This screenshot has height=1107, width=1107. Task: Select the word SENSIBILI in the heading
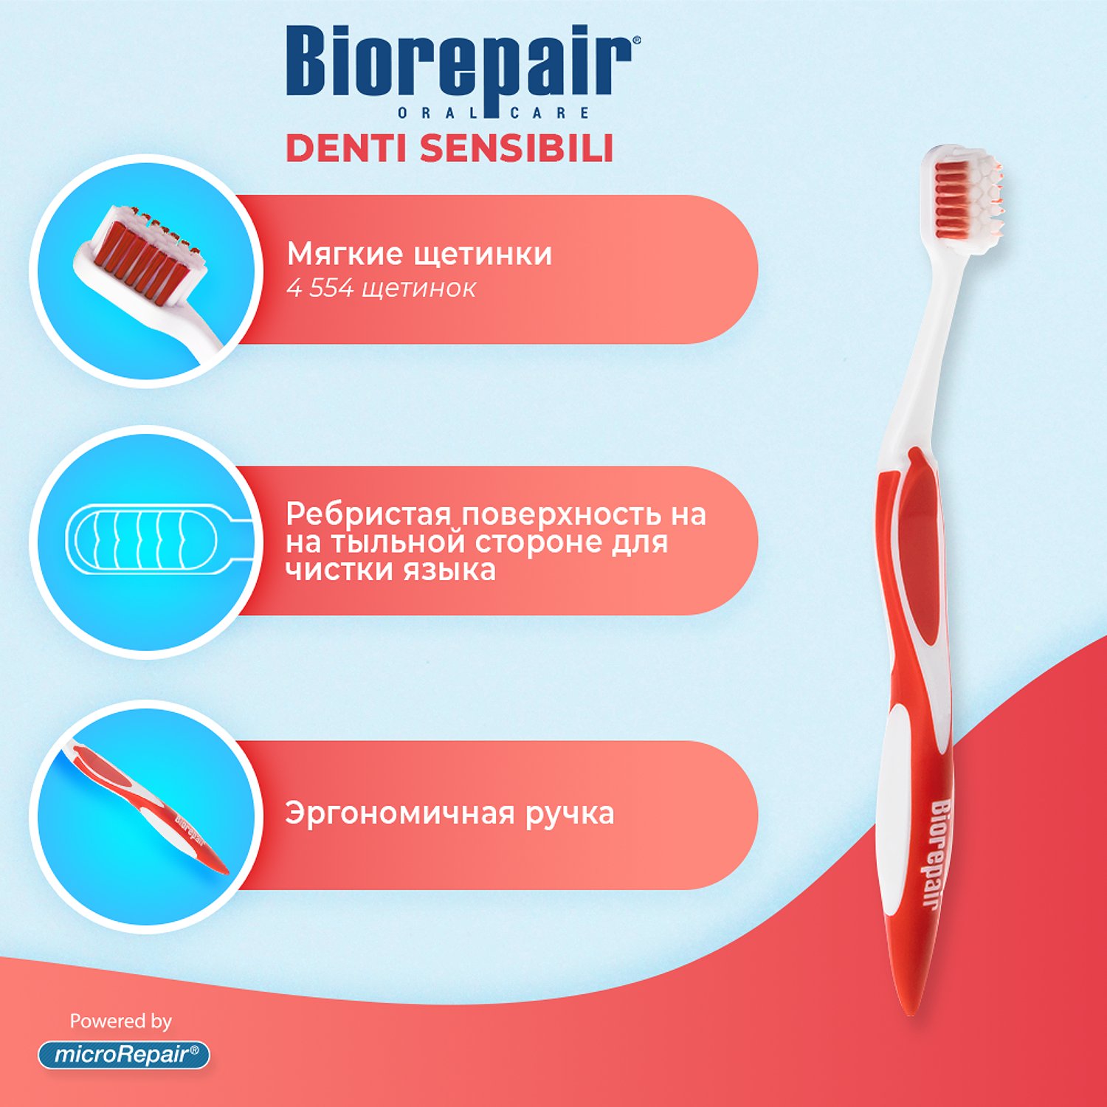point(517,148)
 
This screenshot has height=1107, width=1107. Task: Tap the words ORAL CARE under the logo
point(493,113)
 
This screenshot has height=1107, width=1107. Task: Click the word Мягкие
point(345,255)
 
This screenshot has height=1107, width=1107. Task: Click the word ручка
point(570,813)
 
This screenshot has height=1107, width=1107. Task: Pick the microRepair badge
point(124,1055)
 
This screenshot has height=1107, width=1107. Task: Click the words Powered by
point(120,1021)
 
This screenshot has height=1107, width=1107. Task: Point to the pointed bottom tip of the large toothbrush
point(910,1015)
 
